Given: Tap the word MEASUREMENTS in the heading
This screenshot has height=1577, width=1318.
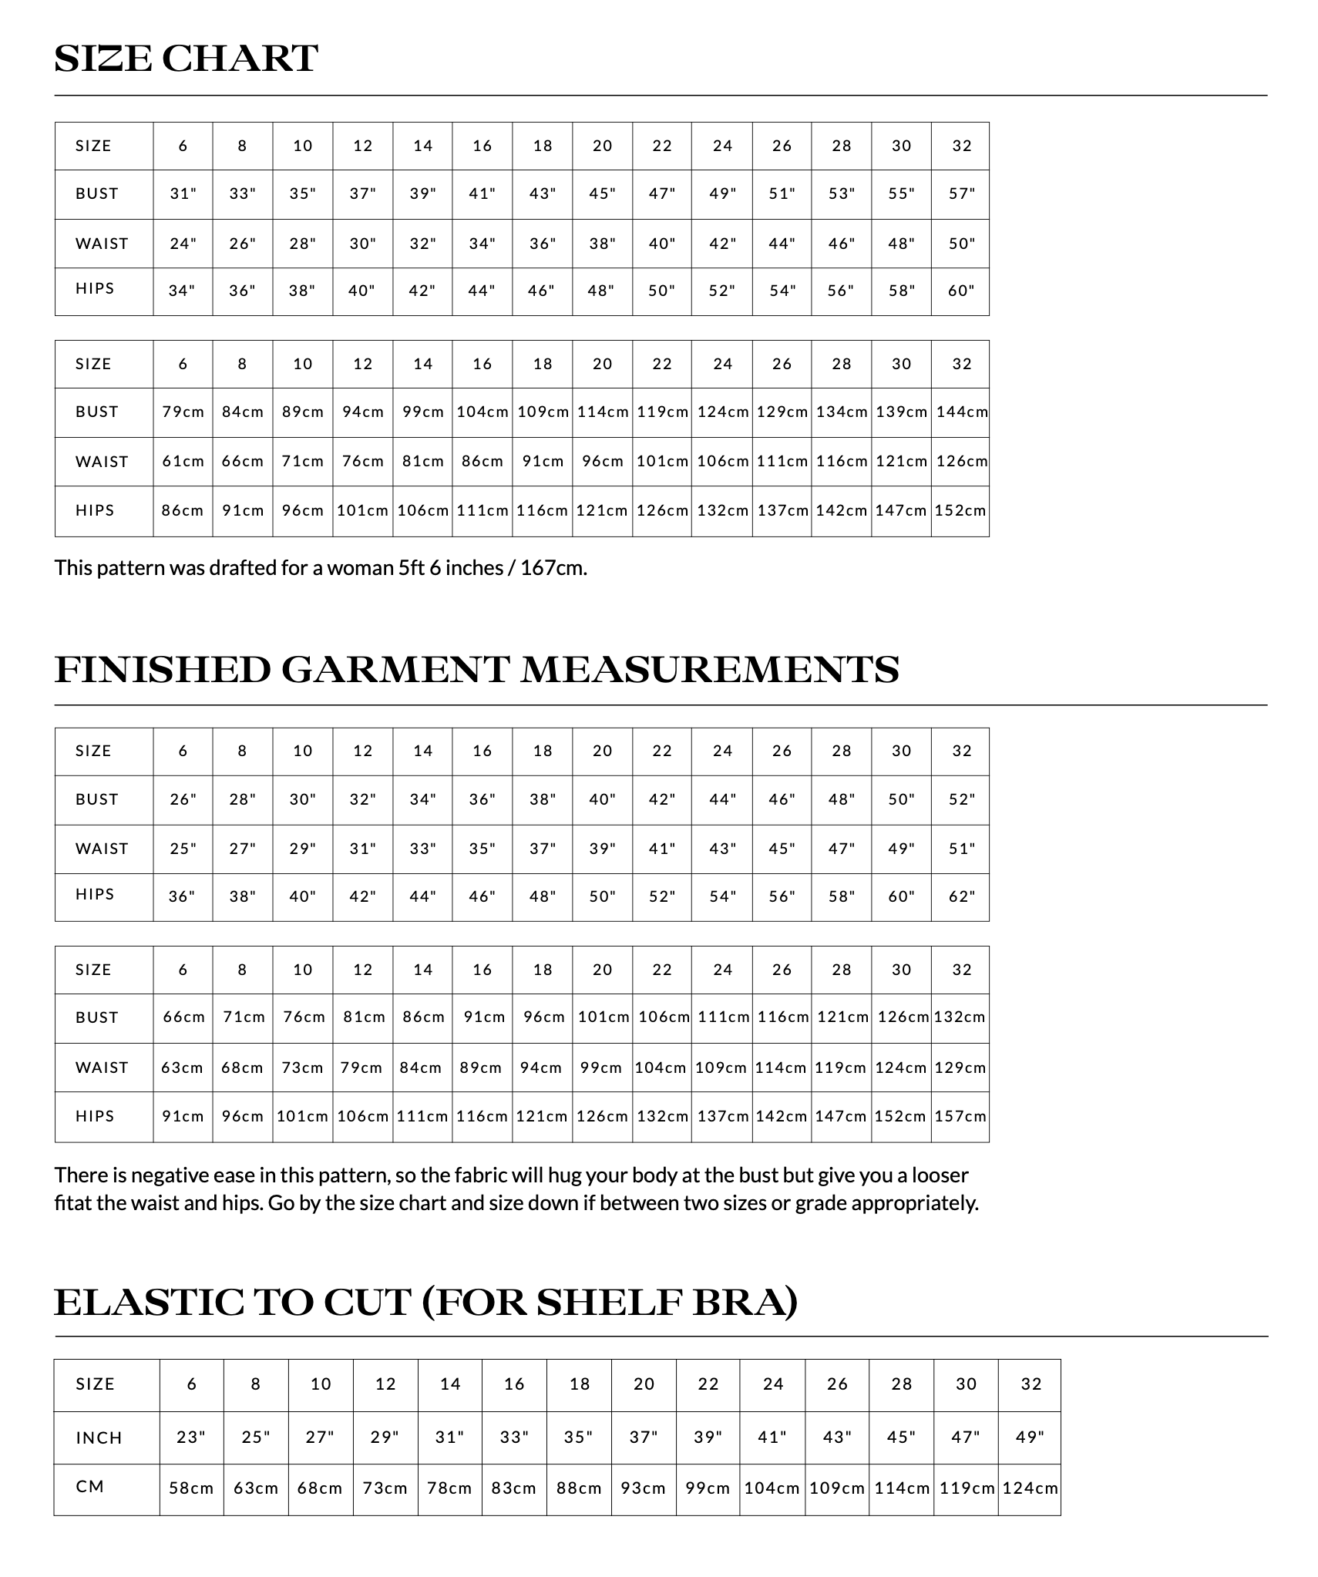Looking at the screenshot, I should tap(710, 669).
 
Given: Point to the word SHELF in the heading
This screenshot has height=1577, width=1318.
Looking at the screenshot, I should tap(609, 1303).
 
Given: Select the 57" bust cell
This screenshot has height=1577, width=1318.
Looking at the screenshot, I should tap(961, 194).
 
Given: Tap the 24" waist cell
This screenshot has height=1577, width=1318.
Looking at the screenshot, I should tap(183, 244).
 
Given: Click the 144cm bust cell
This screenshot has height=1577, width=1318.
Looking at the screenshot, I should tap(961, 412).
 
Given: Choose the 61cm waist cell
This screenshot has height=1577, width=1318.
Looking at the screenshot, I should tap(183, 462).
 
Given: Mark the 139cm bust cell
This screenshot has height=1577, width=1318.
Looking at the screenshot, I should tap(901, 412).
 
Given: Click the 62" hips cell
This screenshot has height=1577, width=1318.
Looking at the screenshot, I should tap(961, 897).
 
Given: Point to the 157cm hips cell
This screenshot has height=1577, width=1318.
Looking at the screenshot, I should tap(960, 1116).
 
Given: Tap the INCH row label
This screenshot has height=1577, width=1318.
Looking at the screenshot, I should tap(99, 1438).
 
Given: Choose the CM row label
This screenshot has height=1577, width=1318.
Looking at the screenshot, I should tap(90, 1487).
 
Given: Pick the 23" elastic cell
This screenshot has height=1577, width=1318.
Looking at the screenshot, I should tap(191, 1437).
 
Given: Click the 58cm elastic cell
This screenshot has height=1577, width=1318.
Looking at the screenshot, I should tap(191, 1488).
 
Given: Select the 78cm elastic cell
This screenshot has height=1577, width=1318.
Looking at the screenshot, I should tap(449, 1488).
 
